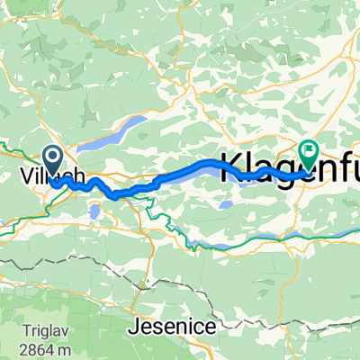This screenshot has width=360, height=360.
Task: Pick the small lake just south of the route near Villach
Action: [94, 212]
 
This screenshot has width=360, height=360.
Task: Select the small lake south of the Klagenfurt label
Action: [226, 204]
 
